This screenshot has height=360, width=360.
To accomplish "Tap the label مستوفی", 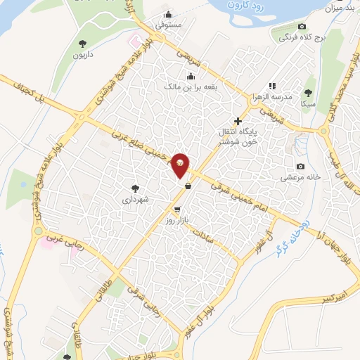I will [x=169, y=25].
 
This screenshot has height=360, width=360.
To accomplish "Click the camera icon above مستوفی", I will [x=168, y=14].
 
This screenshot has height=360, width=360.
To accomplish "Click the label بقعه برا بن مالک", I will [x=191, y=86].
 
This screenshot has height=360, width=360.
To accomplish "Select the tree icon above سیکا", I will [x=309, y=91].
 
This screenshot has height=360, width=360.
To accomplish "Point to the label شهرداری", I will [x=136, y=200].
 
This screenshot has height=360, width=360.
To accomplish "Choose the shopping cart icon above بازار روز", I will [x=176, y=210].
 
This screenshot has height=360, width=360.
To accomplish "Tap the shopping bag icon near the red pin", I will [x=188, y=186].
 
